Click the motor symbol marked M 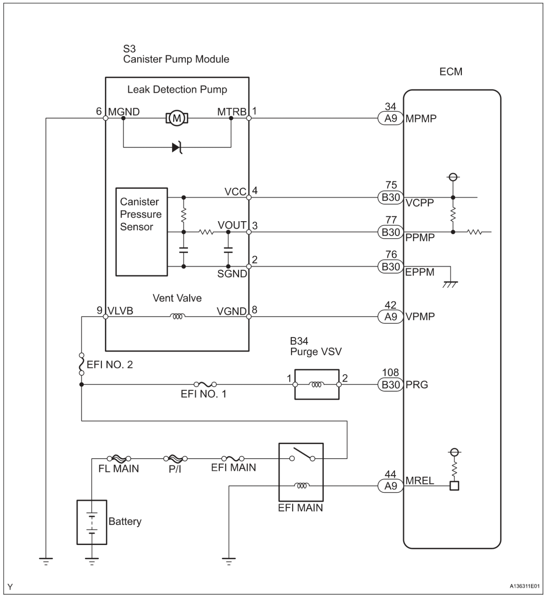click(177, 118)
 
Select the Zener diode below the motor click(177, 147)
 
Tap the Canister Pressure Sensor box click(141, 232)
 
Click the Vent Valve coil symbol click(177, 316)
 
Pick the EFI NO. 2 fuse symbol click(81, 364)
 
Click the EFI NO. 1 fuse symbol click(205, 384)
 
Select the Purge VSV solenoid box click(317, 384)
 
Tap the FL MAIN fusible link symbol click(118, 459)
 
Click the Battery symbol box click(91, 522)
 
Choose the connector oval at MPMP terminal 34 click(390, 118)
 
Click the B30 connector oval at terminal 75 click(390, 197)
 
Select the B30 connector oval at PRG click(390, 385)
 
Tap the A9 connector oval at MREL click(390, 485)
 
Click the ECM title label click(451, 72)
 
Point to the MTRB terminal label click(231, 112)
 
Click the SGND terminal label click(232, 274)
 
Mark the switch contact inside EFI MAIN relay click(302, 455)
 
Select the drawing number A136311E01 click(524, 586)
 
